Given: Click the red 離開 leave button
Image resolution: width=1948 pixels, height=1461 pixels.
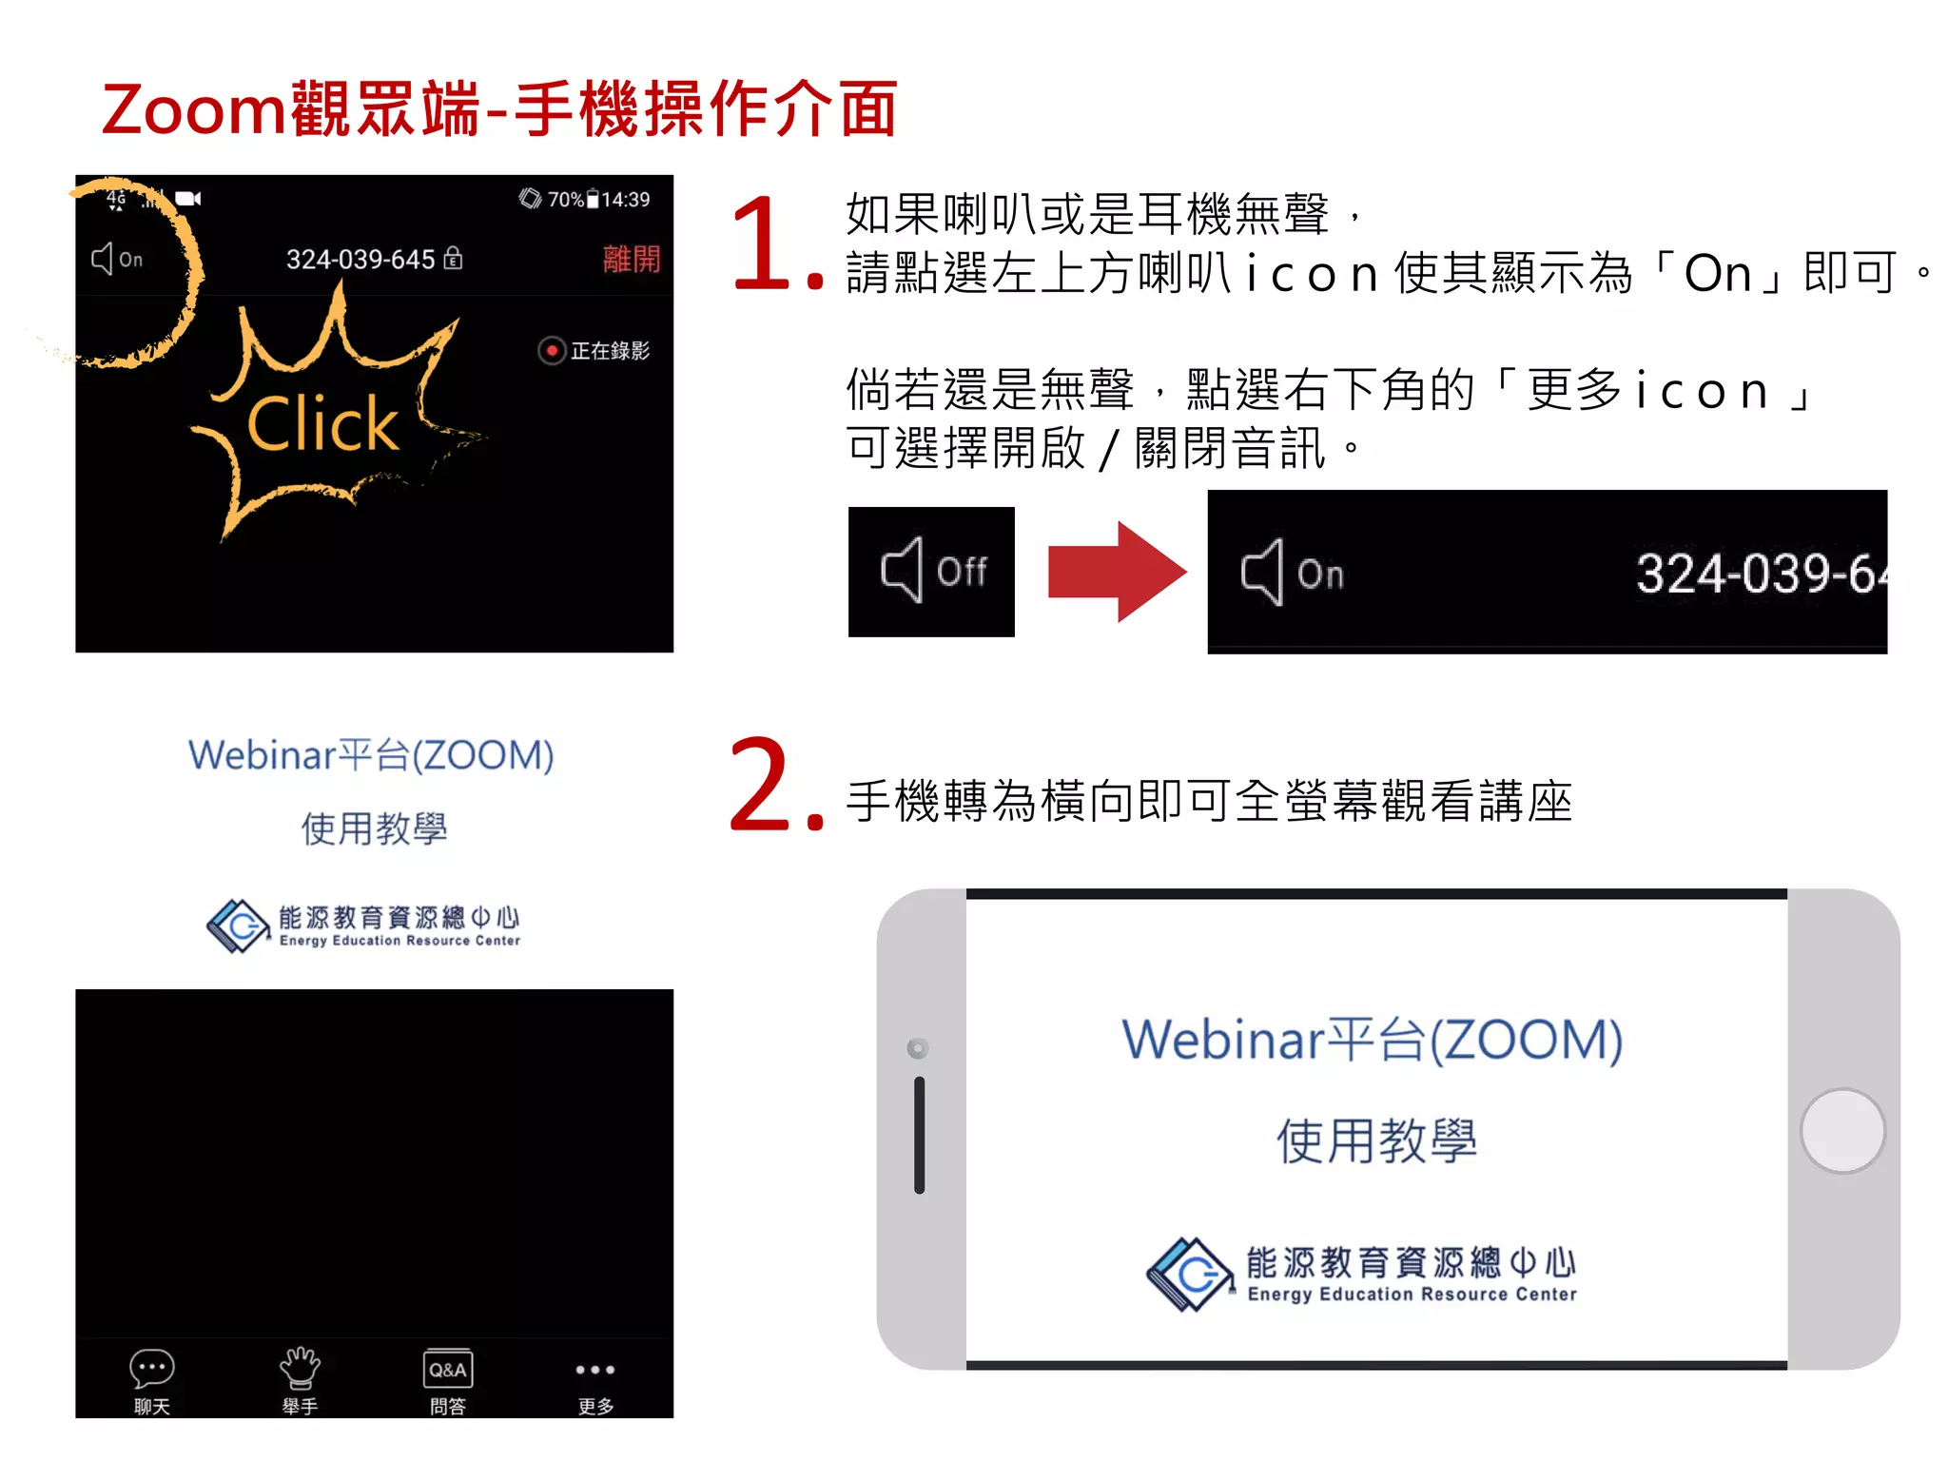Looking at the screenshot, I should (631, 259).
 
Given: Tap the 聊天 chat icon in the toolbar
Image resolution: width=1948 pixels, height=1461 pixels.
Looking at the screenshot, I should (151, 1370).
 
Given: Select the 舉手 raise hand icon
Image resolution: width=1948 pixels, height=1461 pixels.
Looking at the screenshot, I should (300, 1369).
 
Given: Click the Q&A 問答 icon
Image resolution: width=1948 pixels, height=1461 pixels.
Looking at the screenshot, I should (447, 1370).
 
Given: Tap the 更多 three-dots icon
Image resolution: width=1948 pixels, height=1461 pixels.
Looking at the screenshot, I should (595, 1370).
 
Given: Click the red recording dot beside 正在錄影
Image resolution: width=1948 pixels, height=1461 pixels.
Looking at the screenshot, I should (551, 351).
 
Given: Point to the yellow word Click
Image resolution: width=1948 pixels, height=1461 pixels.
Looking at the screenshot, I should (322, 424).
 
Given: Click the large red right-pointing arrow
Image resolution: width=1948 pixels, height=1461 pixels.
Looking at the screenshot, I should (1117, 572).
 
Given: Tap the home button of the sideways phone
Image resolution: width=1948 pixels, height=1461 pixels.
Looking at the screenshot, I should (1842, 1130).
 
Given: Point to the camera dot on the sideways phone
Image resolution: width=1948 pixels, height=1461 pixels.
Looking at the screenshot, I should (918, 1048).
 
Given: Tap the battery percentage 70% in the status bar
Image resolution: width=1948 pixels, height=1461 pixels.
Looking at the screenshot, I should (565, 200).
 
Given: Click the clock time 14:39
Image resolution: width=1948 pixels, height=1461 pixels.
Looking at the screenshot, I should (626, 200).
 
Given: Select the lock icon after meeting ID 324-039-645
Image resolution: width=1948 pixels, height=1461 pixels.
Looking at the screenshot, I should (454, 258).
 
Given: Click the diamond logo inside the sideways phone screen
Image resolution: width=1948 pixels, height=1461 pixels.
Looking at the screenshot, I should (1190, 1274).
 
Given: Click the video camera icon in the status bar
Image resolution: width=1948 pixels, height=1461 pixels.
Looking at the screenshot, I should (188, 199).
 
